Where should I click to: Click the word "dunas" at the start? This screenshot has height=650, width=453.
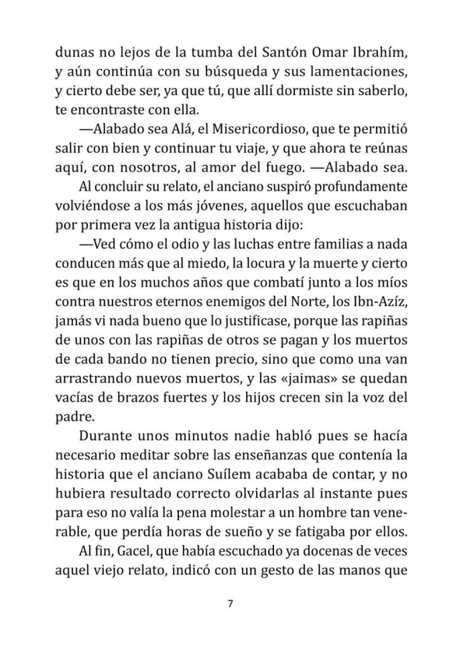[74, 52]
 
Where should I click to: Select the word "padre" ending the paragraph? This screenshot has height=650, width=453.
[72, 417]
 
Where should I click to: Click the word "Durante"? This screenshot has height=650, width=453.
[107, 436]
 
